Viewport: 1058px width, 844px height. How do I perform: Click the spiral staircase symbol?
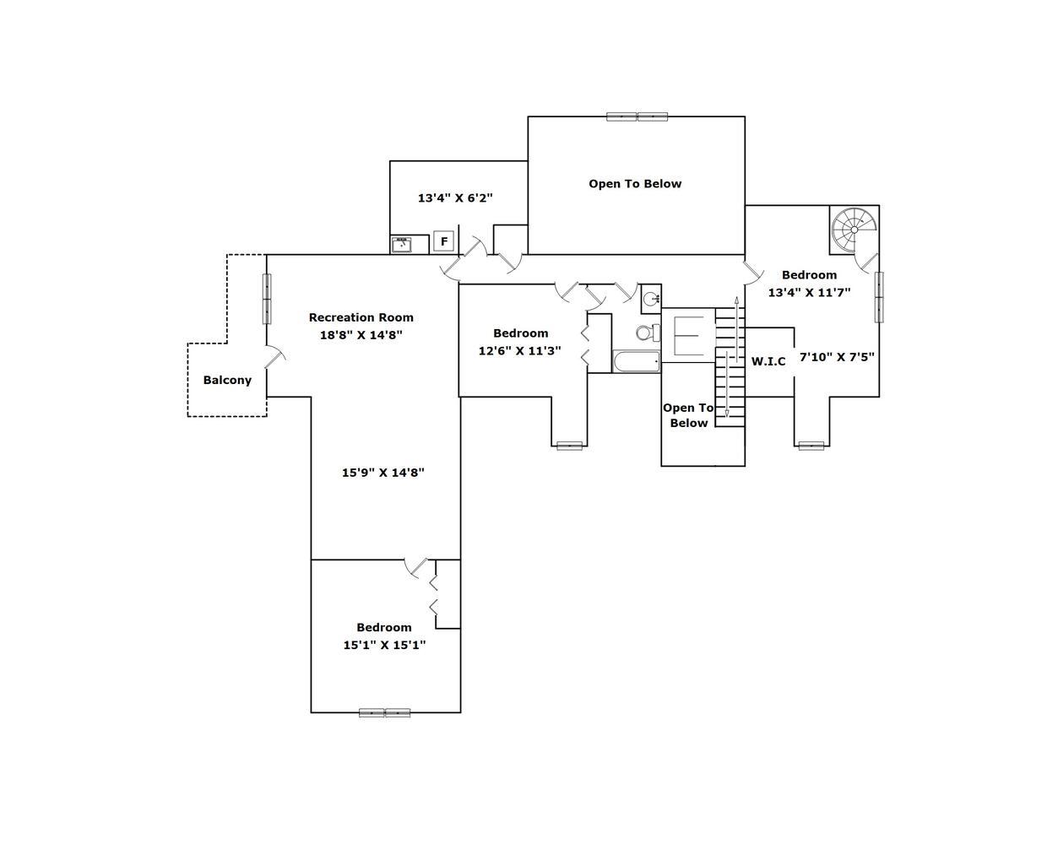tap(854, 229)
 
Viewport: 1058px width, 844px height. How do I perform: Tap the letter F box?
tap(444, 241)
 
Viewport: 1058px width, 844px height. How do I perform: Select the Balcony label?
tap(227, 380)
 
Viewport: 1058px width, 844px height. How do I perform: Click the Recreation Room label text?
tap(361, 317)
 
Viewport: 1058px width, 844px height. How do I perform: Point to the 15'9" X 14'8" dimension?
tap(383, 473)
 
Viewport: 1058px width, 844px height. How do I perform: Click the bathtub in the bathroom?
tap(636, 362)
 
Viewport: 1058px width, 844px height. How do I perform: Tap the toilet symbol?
tap(646, 333)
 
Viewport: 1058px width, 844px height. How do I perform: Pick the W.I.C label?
tap(768, 361)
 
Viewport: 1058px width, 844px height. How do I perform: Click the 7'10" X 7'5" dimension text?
tap(837, 356)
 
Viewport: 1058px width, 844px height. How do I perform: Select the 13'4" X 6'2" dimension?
tap(455, 197)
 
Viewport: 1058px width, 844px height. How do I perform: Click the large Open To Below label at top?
tap(635, 183)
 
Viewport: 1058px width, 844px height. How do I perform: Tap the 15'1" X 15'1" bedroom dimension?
tap(384, 645)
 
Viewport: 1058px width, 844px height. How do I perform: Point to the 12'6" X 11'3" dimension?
tap(520, 350)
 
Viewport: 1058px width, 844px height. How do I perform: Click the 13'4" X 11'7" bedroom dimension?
tap(809, 292)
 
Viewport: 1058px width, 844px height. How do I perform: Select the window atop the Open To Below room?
tap(638, 116)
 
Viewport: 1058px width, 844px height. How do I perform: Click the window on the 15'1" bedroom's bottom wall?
tap(385, 712)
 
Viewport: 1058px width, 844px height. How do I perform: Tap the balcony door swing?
tap(276, 357)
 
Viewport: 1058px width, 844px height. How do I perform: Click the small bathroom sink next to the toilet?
tap(651, 297)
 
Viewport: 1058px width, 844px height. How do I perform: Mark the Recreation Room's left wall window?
tap(267, 299)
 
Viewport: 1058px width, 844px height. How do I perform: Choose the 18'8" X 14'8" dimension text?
tap(361, 334)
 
